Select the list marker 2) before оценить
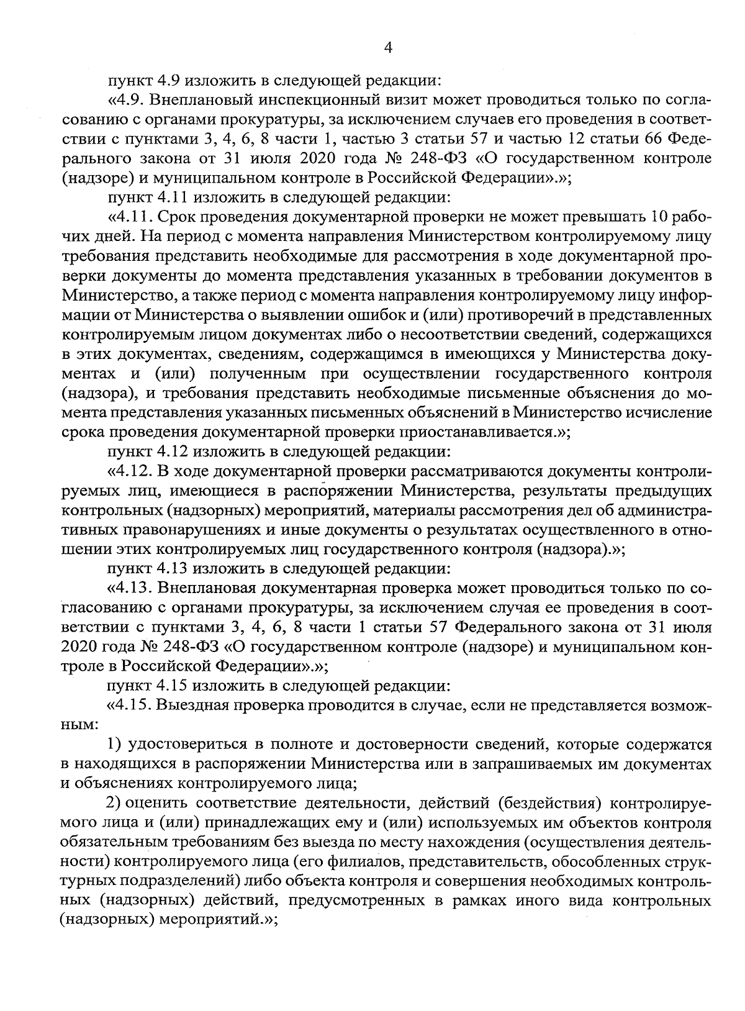pyautogui.click(x=114, y=804)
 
